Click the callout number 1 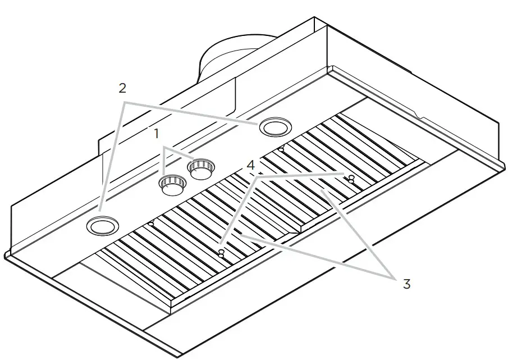point(157,134)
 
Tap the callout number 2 point(122,88)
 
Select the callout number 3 point(406,284)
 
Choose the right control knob point(200,168)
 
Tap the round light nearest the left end point(103,226)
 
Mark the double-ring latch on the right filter point(351,179)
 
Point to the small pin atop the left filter point(152,224)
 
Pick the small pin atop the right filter point(281,149)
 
